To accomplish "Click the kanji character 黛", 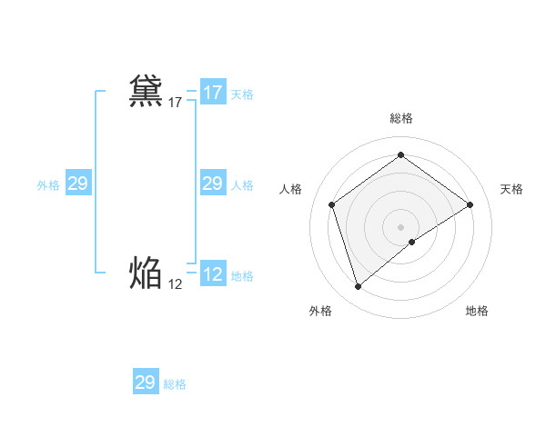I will point(147,92).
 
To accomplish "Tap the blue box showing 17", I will point(212,93).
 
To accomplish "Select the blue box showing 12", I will point(212,274).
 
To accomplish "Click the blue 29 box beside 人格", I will point(212,184).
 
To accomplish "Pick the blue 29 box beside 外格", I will point(77,184).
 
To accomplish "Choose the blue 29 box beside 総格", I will point(145,382).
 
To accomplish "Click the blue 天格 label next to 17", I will point(242,94).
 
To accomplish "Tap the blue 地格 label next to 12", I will point(242,276).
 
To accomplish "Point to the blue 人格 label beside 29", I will point(242,185).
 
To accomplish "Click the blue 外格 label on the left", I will point(48,185).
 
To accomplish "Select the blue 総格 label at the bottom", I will point(175,384).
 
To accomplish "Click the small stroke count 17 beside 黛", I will point(176,104).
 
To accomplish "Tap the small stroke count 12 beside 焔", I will point(176,284).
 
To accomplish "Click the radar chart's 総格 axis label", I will point(400,118).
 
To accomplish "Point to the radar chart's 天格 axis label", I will point(511,189).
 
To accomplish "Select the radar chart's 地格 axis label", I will point(477,311).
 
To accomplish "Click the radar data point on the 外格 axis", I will point(358,287).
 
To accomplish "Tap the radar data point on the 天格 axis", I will point(470,204).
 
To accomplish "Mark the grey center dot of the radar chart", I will point(400,226).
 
